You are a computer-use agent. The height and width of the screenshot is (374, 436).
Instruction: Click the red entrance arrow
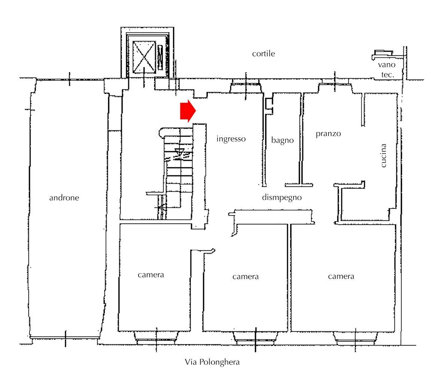[x=188, y=111]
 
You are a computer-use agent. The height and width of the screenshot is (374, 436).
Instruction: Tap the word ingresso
[x=231, y=139]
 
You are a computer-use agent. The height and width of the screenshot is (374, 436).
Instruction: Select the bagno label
[x=282, y=141]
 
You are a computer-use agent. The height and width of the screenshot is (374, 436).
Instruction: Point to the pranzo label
[x=328, y=134]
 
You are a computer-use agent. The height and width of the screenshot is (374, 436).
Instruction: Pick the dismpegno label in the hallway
[x=281, y=197]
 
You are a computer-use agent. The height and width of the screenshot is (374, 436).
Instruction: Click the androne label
[x=64, y=198]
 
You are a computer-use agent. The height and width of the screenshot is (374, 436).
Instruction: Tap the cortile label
[x=263, y=54]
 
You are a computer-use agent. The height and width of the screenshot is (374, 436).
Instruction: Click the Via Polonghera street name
[x=212, y=362]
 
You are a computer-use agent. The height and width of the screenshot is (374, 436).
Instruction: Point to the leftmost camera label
[x=150, y=275]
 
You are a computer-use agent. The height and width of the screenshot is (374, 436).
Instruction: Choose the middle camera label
[x=245, y=277]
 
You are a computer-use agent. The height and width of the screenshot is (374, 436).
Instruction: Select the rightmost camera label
[x=341, y=276]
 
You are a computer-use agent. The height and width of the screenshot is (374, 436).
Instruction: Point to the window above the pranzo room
[x=335, y=87]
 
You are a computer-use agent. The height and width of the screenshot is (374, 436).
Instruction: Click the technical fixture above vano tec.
[x=382, y=54]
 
